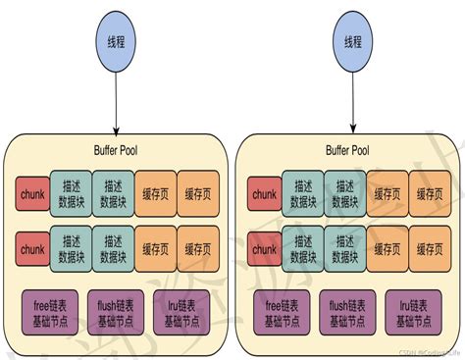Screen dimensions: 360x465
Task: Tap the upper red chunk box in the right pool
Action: (x=264, y=194)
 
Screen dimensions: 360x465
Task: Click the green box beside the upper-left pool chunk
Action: (x=72, y=194)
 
